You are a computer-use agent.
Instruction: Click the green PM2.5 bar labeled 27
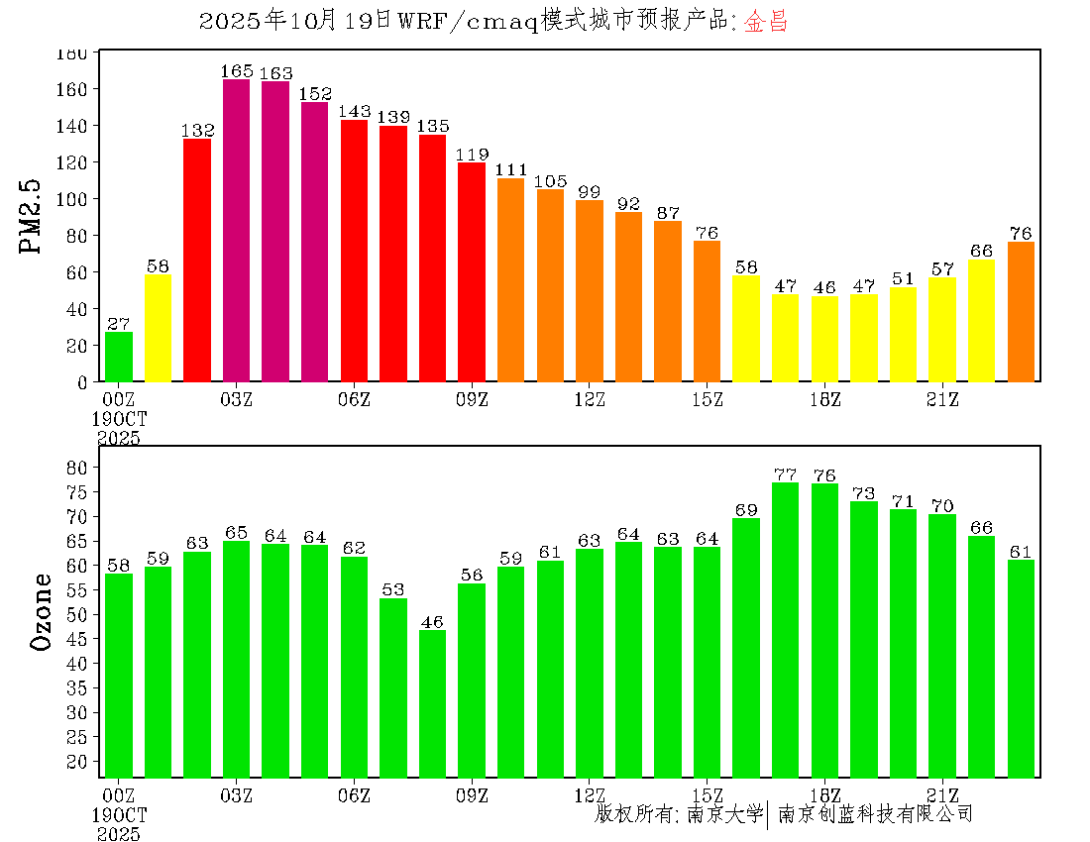(119, 357)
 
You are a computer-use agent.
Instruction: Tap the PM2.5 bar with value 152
(314, 242)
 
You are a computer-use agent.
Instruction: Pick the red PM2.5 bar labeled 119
(472, 271)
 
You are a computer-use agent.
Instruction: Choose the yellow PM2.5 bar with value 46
(824, 339)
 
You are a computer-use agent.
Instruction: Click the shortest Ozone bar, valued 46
(432, 703)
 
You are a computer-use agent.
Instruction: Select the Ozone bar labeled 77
(786, 629)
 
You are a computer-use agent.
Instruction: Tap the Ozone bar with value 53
(393, 687)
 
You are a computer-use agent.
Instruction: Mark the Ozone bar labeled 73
(864, 639)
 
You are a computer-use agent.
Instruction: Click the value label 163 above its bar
(275, 73)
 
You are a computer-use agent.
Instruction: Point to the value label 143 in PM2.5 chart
(354, 112)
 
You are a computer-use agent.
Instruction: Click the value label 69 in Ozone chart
(746, 509)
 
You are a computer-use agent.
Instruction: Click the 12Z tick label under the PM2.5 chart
(590, 399)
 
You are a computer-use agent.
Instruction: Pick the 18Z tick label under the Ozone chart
(824, 794)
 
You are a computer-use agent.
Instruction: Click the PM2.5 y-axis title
(33, 216)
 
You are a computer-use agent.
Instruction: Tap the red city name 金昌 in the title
(766, 22)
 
